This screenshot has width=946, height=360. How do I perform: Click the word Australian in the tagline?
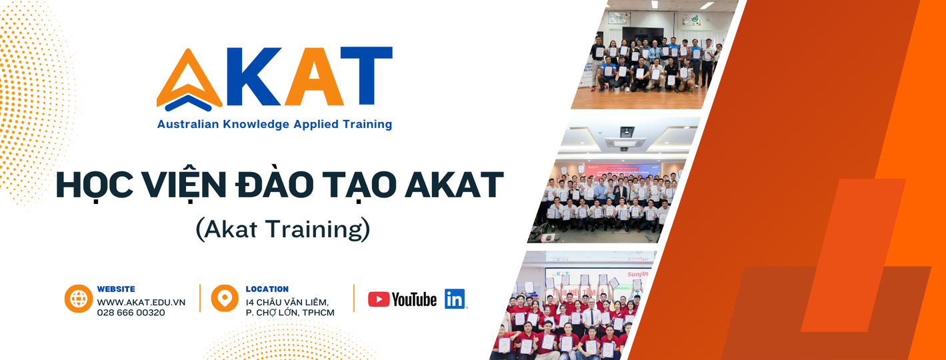[x=184, y=124]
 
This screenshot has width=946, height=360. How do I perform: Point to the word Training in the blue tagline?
[x=366, y=124]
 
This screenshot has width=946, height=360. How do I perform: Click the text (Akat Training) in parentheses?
[x=283, y=229]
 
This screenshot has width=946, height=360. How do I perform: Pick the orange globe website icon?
[x=79, y=299]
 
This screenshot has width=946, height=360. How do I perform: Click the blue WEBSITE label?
[x=116, y=289]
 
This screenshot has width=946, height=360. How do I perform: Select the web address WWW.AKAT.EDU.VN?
[x=141, y=302]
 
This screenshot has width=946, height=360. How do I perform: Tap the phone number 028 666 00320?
[x=131, y=313]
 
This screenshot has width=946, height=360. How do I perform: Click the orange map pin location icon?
[x=225, y=298]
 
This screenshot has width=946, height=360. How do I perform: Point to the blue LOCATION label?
[x=267, y=289]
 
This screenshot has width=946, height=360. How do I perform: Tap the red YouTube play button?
[x=379, y=299]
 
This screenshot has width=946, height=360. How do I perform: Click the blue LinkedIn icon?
[x=455, y=299]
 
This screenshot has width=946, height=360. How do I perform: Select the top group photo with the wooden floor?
[x=650, y=57]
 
